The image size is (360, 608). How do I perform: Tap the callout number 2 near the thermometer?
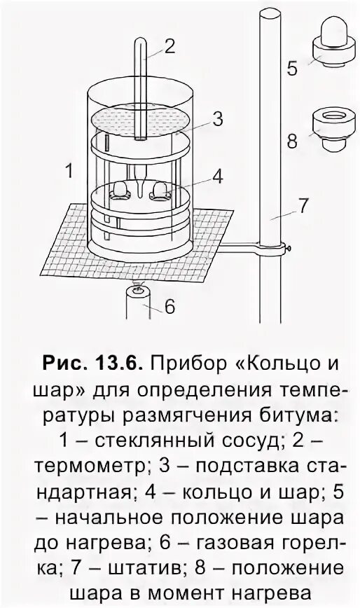click(169, 46)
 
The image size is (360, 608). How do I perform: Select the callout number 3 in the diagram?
click(217, 119)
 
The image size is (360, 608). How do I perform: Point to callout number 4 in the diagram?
click(218, 177)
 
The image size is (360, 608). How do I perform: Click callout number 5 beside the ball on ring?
click(292, 69)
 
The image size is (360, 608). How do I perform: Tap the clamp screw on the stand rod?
click(289, 246)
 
